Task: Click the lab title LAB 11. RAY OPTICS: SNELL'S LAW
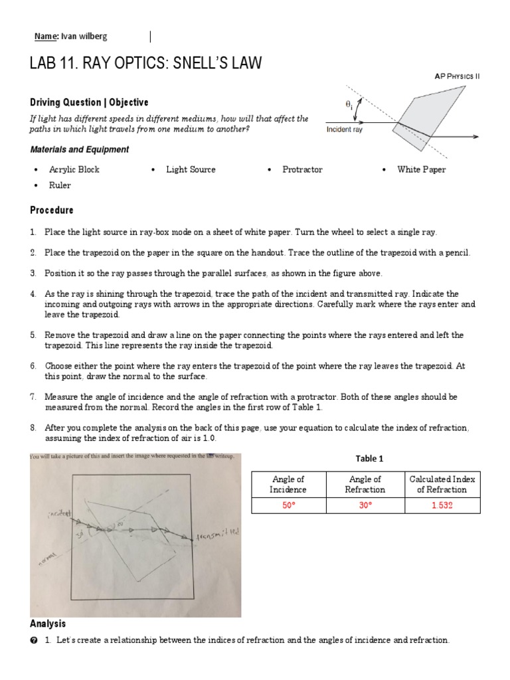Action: coord(145,64)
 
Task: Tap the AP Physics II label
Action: coord(456,76)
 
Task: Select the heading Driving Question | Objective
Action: coord(89,102)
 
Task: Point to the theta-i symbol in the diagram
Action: coord(349,104)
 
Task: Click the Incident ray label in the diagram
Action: coord(345,129)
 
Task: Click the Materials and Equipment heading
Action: coord(80,149)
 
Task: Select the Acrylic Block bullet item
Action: coord(74,169)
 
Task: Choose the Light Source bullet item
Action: coord(191,169)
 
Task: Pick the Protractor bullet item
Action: coord(302,169)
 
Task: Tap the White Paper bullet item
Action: coord(421,169)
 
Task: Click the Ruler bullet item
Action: coord(60,186)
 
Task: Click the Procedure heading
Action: coord(52,210)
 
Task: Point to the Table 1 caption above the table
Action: coord(370,458)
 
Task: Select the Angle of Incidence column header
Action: coord(288,484)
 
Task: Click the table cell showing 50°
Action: coord(288,505)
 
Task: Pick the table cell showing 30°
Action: coord(365,505)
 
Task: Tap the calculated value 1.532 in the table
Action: coord(442,505)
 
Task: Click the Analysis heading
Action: coord(48,624)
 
